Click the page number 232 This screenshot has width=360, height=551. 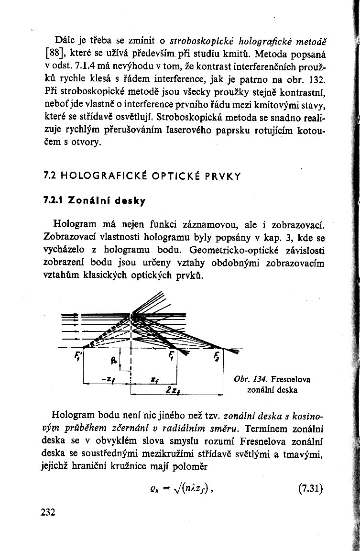(x=49, y=512)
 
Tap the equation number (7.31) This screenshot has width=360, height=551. (x=310, y=489)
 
